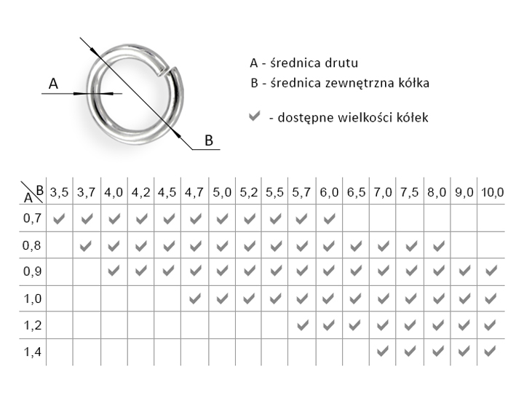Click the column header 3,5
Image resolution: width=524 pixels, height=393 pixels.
[59, 192]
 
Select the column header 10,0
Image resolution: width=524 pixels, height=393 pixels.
[492, 192]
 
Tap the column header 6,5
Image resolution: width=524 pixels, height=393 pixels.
[356, 192]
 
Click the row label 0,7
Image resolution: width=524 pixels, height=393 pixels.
[32, 218]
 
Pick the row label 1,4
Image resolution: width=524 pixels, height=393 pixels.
[32, 352]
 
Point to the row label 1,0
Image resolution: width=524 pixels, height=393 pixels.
[32, 298]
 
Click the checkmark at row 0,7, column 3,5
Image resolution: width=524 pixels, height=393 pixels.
[59, 219]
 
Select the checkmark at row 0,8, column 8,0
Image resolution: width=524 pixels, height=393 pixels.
[438, 246]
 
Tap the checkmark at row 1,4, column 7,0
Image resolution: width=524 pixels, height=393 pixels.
[383, 352]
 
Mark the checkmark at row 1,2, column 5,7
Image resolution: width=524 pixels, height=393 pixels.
[302, 325]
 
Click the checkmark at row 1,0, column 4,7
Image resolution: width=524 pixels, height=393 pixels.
[195, 298]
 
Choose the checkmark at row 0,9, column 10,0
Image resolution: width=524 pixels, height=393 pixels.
[491, 271]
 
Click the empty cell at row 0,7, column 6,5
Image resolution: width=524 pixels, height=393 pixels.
[356, 218]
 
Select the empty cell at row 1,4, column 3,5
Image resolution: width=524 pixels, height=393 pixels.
[60, 352]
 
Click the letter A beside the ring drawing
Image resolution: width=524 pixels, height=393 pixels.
[53, 84]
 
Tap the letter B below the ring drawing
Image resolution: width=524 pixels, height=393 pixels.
[209, 140]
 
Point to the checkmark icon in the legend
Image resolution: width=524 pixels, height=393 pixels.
[254, 116]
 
